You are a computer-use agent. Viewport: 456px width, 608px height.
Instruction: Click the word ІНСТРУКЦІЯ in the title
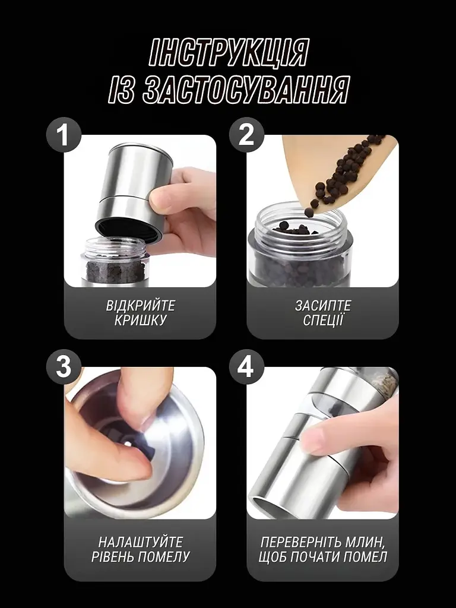click(229, 52)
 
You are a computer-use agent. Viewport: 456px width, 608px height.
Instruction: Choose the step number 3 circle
click(64, 367)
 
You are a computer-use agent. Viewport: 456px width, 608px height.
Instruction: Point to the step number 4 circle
click(246, 367)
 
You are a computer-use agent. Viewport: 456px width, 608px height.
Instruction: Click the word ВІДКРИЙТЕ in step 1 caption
click(140, 306)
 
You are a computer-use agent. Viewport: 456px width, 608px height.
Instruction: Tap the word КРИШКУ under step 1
click(140, 321)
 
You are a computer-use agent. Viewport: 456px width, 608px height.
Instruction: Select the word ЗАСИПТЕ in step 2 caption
click(323, 306)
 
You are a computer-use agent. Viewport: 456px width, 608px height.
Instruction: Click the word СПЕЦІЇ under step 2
click(323, 321)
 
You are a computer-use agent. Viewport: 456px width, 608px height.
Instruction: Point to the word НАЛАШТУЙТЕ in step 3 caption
click(140, 541)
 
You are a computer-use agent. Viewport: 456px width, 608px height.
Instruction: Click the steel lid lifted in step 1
click(134, 190)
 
